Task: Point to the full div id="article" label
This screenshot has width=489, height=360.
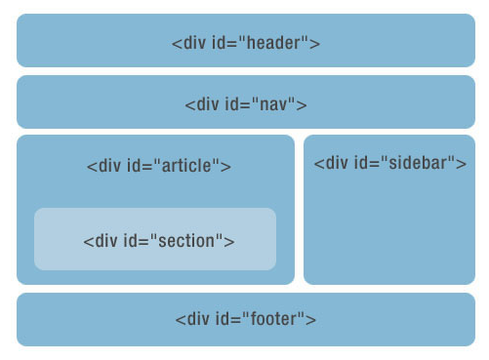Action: coord(158,166)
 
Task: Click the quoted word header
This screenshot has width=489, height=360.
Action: coord(278,43)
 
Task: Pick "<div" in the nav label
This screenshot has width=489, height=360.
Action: coord(202,104)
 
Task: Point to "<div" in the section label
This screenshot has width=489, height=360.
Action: coord(101,241)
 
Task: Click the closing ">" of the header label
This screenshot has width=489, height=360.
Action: coord(315,43)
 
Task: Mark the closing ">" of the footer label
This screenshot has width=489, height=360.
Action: coord(311,319)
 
